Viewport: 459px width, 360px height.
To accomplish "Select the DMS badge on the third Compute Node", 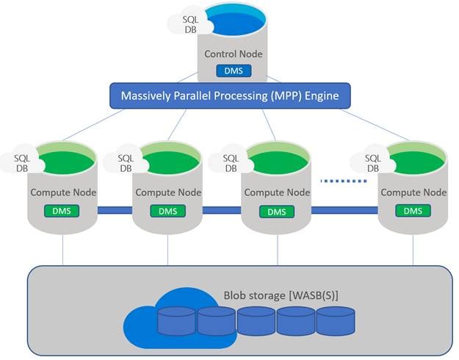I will coord(276,212).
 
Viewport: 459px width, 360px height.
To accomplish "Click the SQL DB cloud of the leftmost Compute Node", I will coord(20,162).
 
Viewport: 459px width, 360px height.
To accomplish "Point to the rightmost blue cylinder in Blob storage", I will coord(335,321).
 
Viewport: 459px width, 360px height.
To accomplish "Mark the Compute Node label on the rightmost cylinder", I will coord(413,192).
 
